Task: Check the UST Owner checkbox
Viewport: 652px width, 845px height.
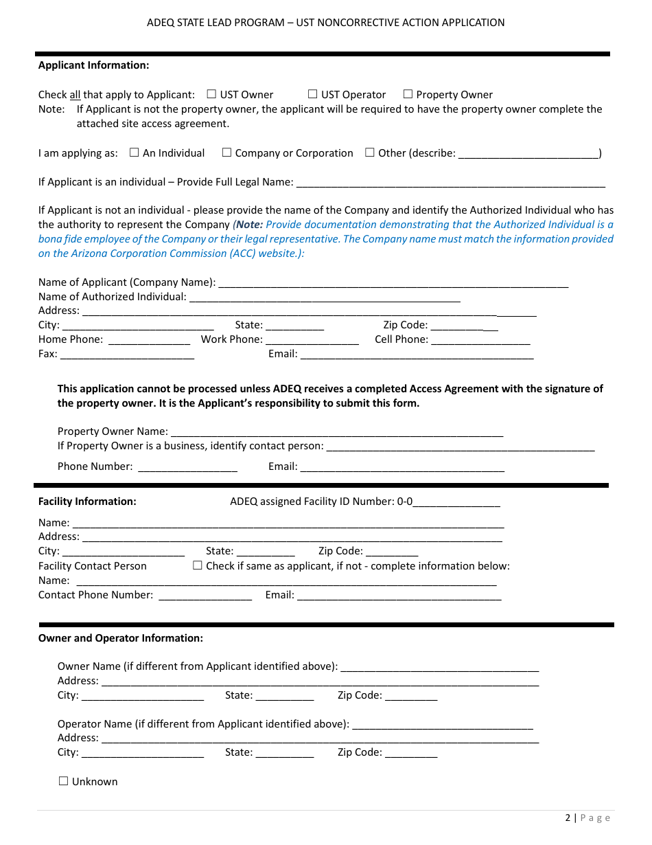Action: coord(211,94)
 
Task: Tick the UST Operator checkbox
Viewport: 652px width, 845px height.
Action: coord(312,94)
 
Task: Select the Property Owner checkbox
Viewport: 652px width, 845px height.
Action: coord(408,94)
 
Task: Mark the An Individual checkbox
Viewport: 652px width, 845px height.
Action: coord(134,153)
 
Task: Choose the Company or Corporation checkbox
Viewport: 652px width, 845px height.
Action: coord(226,153)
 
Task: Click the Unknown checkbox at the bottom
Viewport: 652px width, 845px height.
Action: coord(64,781)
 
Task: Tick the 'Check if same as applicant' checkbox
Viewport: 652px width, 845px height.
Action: coord(198,565)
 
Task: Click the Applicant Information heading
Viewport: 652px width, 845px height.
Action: coord(93,65)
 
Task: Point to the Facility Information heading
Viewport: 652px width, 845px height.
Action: coord(87,502)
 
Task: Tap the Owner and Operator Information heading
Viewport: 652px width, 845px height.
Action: coord(121,638)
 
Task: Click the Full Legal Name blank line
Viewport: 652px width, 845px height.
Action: coord(450,183)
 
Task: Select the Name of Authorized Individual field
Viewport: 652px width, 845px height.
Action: coord(324,297)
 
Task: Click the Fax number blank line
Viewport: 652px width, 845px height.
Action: coord(127,354)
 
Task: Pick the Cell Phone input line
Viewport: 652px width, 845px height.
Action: coord(480,340)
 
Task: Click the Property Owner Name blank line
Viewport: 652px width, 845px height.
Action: coord(336,432)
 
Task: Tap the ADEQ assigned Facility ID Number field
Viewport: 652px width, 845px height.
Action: coord(456,502)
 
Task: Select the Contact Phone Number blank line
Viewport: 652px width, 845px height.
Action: coord(205,596)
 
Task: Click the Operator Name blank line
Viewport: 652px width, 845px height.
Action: coord(443,725)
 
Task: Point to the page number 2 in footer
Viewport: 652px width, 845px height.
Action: coord(568,818)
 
